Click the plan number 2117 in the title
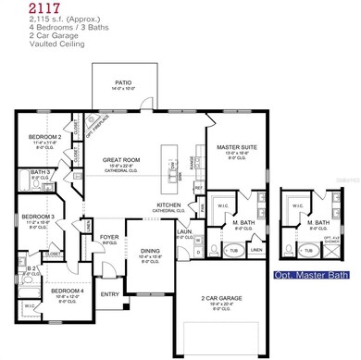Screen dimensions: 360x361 [21, 7]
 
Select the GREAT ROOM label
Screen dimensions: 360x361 [120, 160]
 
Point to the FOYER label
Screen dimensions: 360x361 [110, 236]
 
